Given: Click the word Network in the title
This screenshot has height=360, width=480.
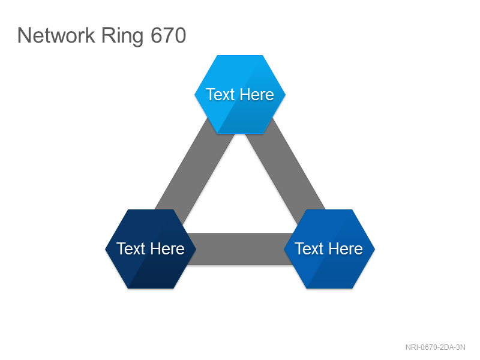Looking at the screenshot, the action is [56, 35].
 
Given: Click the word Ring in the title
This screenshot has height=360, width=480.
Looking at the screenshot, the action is [122, 37].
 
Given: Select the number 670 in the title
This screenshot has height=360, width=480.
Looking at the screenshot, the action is [169, 35].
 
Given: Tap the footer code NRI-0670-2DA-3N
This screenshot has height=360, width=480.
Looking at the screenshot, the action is [436, 347].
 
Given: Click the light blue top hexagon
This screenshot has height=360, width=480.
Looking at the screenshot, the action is [240, 94].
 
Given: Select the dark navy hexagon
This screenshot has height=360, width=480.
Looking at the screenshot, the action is [151, 249].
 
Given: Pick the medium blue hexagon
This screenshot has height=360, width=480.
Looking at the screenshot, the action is [329, 249].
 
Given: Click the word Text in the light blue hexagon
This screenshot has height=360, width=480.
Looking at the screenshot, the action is [220, 94].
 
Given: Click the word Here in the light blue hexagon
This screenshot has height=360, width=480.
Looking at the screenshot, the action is [257, 94].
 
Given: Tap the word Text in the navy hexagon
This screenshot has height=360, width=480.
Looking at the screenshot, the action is [131, 248].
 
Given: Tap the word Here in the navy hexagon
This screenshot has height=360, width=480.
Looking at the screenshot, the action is [167, 248].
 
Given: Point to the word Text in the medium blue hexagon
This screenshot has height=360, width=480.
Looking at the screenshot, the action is [309, 248].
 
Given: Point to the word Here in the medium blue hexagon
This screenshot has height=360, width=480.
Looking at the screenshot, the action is [346, 248].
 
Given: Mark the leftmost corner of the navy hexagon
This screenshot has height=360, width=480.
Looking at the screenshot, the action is [106, 249].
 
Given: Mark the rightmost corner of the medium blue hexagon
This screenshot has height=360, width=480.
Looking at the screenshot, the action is [374, 249].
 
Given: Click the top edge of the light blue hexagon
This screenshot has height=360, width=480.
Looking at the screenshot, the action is [240, 55].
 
